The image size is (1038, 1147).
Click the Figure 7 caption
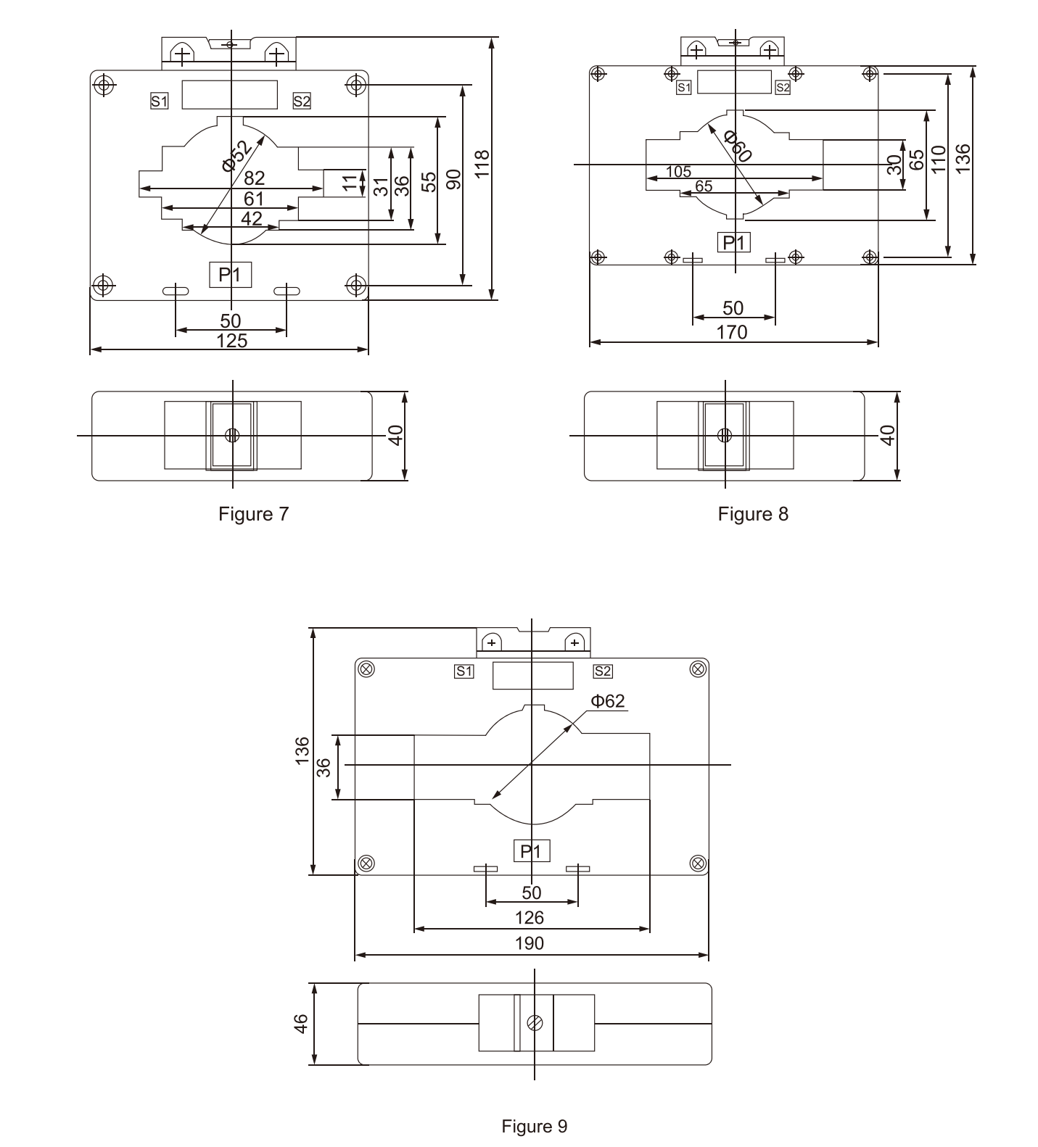(253, 514)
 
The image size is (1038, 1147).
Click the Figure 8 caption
(752, 514)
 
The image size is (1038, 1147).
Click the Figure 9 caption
(534, 1126)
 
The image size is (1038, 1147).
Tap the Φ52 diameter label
(238, 154)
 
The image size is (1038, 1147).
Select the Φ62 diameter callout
(608, 700)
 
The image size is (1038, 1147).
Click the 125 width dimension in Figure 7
(232, 341)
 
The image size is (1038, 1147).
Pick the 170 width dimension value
(732, 332)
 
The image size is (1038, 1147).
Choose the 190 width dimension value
(530, 943)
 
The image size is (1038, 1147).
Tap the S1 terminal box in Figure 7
(159, 102)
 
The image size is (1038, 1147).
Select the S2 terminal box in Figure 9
(603, 671)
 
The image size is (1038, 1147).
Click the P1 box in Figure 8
(733, 242)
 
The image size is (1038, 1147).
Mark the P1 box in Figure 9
(532, 851)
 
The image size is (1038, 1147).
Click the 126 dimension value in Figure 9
(530, 918)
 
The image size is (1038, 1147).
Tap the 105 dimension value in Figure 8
(678, 172)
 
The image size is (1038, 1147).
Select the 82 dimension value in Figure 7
(254, 178)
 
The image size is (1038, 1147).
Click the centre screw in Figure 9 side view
(535, 1022)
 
